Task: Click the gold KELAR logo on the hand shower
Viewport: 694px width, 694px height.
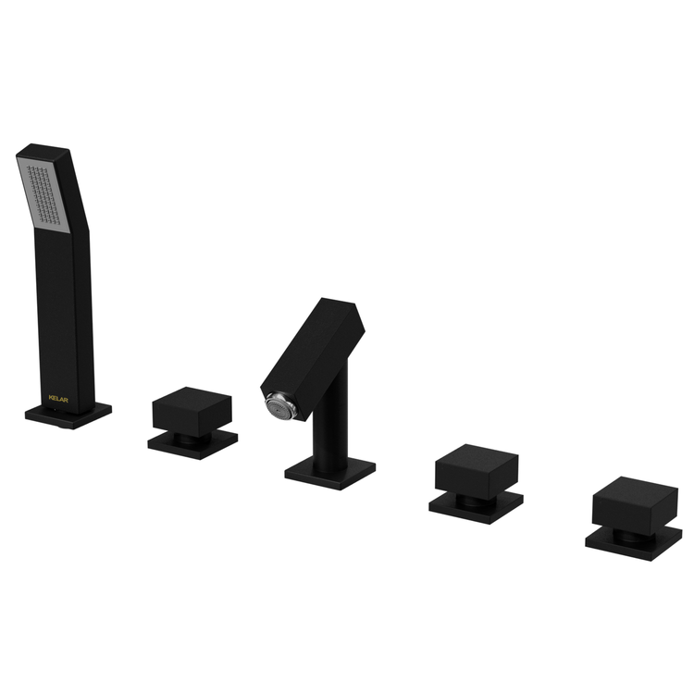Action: pyautogui.click(x=58, y=399)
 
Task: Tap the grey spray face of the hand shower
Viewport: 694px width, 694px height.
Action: pyautogui.click(x=44, y=194)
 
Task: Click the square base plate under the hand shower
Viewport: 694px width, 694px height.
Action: pyautogui.click(x=68, y=415)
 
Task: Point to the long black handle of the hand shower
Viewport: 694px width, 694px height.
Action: pyautogui.click(x=66, y=318)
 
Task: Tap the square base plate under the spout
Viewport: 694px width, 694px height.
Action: pyautogui.click(x=330, y=473)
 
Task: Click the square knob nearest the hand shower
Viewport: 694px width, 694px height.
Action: pyautogui.click(x=192, y=412)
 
